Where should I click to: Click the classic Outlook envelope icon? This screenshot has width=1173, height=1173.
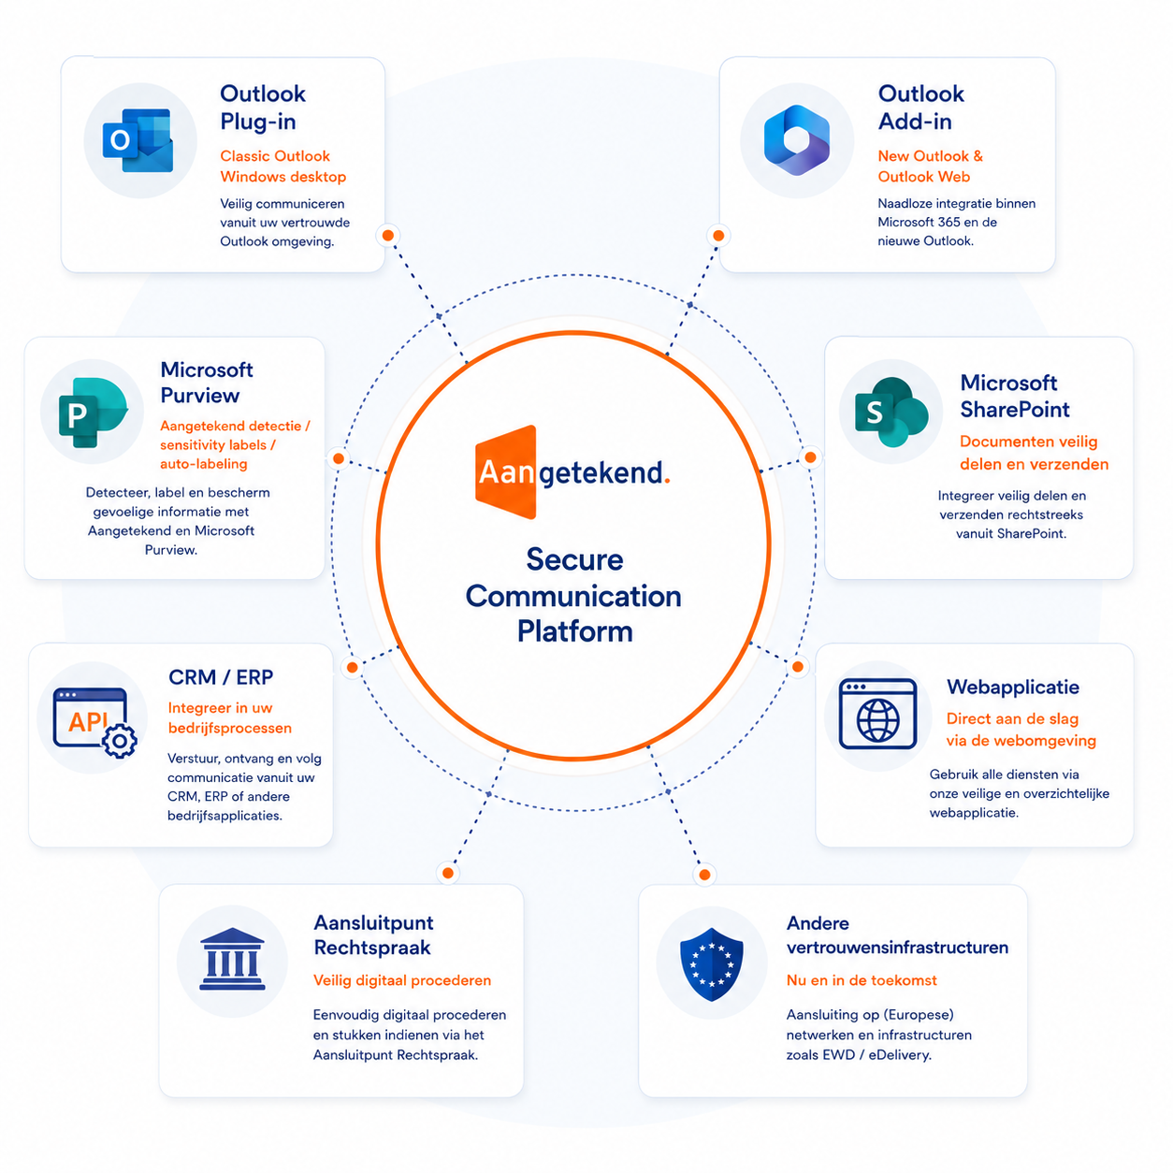coord(138,140)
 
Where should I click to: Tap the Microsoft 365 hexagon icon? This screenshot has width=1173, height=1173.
coord(796,140)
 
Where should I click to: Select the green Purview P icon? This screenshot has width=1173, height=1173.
coord(93,413)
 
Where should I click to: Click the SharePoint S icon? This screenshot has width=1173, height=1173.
coord(891,412)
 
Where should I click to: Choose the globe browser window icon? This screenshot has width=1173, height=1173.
coord(877,714)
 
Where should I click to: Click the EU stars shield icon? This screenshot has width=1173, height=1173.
coord(710,964)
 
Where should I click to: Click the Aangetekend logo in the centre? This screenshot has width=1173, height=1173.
coord(572,471)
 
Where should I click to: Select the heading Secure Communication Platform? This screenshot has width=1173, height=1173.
coord(573,595)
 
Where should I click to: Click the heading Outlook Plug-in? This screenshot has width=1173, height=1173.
coord(262,108)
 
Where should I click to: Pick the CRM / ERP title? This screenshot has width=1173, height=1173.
coord(221,677)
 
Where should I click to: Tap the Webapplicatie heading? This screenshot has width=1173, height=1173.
coord(1012,687)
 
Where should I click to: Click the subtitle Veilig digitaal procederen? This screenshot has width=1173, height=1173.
coord(401,980)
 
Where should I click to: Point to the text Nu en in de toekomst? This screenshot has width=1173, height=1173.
coord(862,980)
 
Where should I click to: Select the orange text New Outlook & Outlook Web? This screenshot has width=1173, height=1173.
coord(930,167)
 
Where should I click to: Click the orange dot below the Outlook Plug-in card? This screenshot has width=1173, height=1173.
coord(388,235)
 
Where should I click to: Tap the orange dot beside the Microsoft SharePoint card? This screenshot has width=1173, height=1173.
coord(810,457)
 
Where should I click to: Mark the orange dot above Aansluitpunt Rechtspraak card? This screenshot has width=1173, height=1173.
coord(447,873)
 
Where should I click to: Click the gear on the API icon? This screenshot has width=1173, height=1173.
coord(120,741)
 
